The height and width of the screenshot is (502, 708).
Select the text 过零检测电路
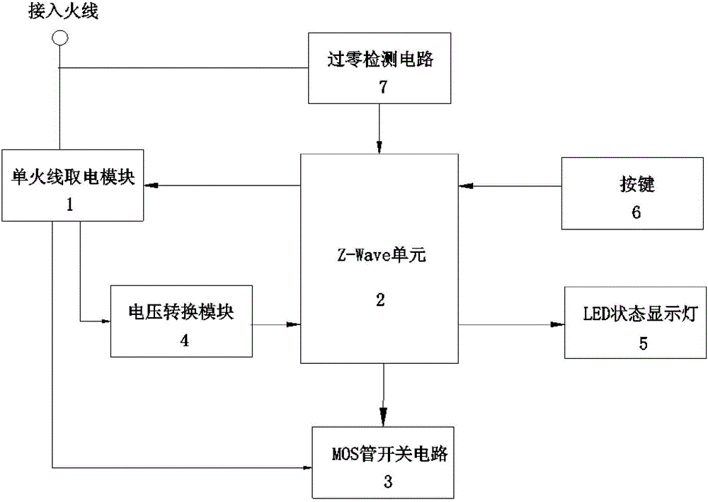[x=381, y=61]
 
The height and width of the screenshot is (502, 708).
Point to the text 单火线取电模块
[x=73, y=176]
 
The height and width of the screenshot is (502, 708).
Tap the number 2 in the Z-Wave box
[x=381, y=300]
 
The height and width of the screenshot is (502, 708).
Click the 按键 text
[x=633, y=186]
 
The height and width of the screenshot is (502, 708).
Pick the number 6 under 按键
[x=635, y=212]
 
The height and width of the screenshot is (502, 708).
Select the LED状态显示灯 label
[x=639, y=314]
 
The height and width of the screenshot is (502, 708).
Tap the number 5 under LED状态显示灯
[x=643, y=343]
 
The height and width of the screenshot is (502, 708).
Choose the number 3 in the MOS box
[x=387, y=481]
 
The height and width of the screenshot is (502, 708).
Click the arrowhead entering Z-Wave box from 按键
[x=464, y=186]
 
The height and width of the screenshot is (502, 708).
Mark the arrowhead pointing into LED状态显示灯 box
[x=559, y=325]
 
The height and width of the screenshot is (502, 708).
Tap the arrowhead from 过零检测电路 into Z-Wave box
[x=381, y=147]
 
